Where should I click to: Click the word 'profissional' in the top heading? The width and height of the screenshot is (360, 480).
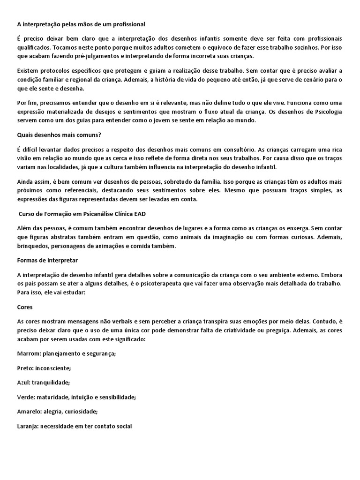(127, 24)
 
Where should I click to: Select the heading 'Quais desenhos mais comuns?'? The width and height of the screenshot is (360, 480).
(59, 135)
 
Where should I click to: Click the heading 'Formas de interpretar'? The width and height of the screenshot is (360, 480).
(47, 260)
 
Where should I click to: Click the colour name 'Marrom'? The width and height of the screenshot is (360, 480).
(28, 353)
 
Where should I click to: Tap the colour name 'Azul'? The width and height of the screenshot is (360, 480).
(23, 382)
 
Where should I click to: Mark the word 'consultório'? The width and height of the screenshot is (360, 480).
(228, 149)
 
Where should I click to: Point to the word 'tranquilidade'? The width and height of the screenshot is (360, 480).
(51, 382)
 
